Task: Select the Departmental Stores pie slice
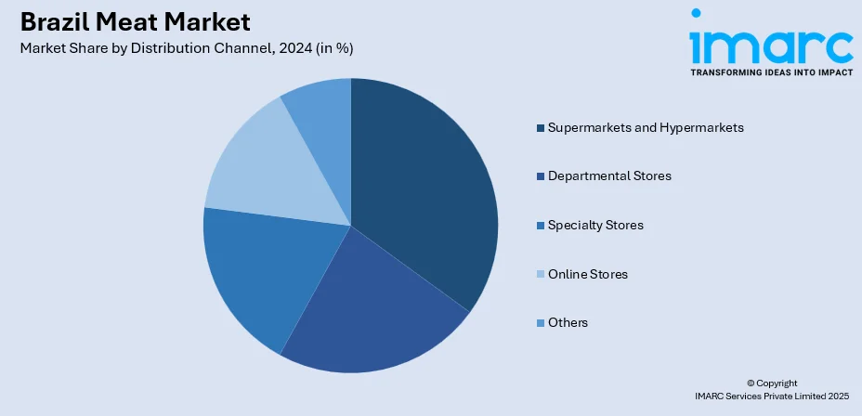click(372, 306)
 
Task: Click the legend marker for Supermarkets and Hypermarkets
click(541, 127)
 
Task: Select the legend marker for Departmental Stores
click(541, 176)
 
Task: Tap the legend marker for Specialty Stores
click(541, 226)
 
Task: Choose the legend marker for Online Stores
click(541, 275)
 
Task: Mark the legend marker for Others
click(541, 323)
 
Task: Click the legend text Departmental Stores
click(609, 175)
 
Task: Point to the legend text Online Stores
click(588, 274)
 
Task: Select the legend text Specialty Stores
click(595, 225)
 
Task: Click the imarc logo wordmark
click(771, 42)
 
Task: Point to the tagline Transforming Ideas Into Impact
click(771, 71)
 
